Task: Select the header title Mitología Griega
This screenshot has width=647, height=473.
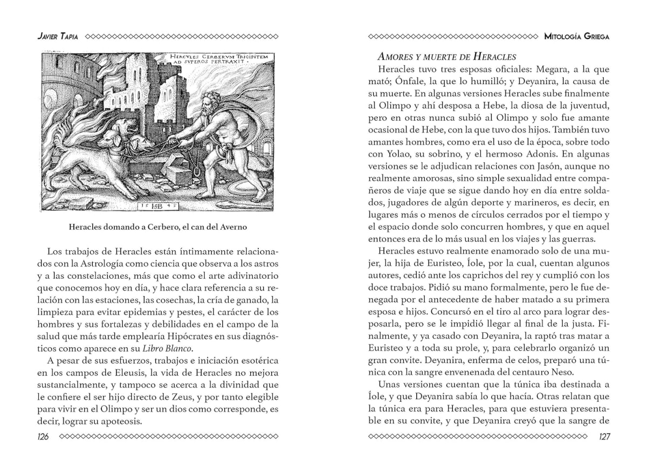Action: [577, 37]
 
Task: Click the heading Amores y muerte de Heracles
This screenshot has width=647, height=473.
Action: [446, 56]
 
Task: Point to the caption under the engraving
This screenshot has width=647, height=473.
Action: [158, 227]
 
